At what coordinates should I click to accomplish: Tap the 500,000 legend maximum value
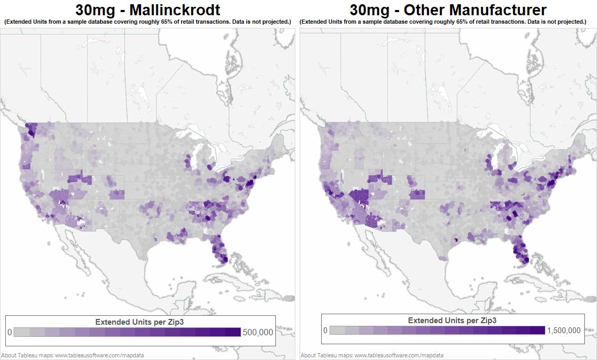point(258,333)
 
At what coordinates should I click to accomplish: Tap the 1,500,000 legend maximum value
point(564,331)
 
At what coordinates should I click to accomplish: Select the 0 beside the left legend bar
point(9,333)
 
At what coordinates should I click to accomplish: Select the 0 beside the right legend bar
point(325,331)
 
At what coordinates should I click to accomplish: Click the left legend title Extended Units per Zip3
point(140,322)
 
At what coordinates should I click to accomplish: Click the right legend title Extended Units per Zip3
point(452,320)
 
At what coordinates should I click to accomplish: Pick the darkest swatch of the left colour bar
point(233,333)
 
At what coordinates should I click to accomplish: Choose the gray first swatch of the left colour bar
point(21,333)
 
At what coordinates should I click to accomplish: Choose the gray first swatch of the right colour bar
point(337,331)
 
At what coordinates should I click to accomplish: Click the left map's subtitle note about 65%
point(147,22)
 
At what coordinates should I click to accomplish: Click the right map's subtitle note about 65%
point(443,22)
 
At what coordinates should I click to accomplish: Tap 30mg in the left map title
point(94,9)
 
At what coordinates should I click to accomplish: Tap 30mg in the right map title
point(369,9)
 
